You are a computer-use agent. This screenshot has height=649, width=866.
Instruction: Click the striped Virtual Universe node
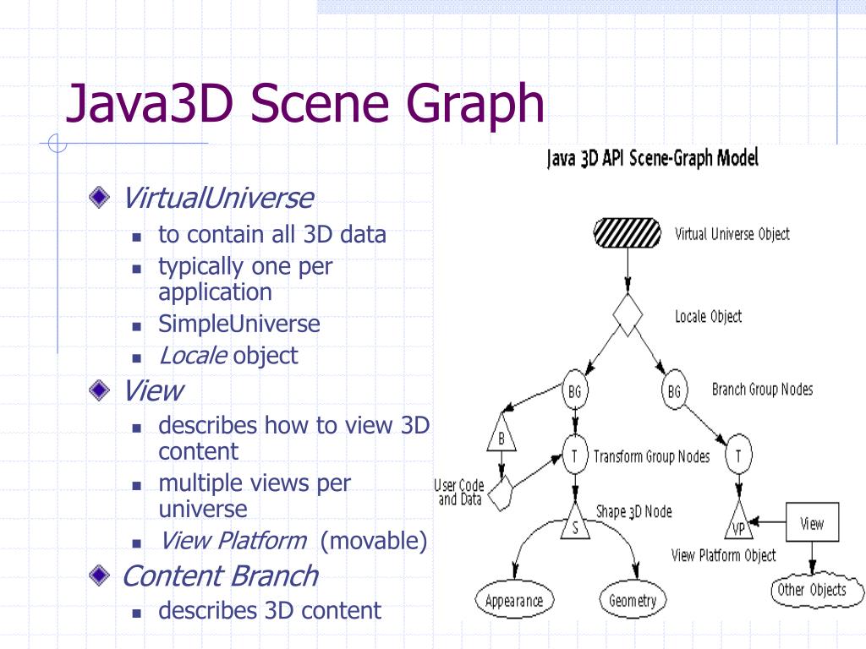tap(628, 233)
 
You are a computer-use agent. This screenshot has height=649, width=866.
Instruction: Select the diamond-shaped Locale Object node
tap(628, 314)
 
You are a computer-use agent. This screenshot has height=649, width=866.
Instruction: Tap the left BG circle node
tap(575, 390)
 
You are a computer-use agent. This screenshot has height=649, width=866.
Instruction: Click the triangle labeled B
tap(502, 432)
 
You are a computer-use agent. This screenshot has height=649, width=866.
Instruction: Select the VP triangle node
tap(738, 521)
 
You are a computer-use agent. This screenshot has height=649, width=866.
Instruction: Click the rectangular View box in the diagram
tap(812, 521)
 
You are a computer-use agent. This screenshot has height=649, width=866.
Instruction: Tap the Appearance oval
tap(514, 600)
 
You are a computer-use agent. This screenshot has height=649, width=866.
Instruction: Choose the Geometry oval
tap(633, 599)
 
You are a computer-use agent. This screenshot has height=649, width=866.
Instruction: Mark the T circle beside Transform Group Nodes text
tap(575, 455)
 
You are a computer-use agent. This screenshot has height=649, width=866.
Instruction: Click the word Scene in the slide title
tap(321, 103)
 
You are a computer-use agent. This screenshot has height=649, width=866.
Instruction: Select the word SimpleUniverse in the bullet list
tap(239, 324)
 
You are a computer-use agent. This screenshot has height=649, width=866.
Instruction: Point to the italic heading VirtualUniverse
tap(217, 198)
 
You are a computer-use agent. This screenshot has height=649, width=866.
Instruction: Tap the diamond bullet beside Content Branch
tap(100, 575)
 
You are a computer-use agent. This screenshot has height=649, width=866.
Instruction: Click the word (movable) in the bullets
tap(374, 541)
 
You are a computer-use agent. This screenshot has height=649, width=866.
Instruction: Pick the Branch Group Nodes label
tap(762, 390)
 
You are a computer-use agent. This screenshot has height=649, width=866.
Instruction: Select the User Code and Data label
tap(459, 493)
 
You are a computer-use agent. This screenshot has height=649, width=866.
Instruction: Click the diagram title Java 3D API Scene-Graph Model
tap(652, 158)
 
